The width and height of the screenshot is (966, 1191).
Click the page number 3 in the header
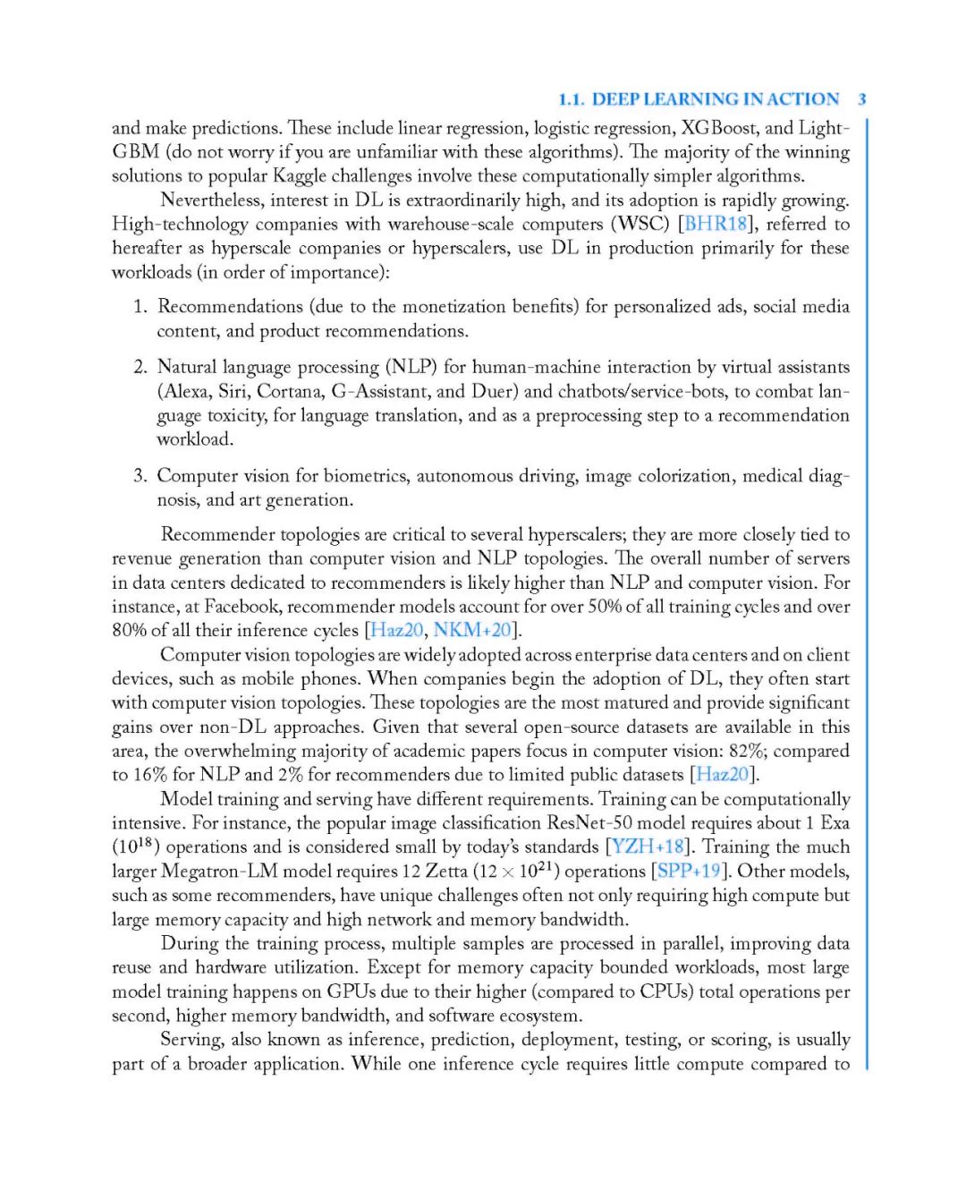coord(861,99)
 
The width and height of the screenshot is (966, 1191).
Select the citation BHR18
coord(716,224)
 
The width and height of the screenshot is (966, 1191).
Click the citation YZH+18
coord(648,846)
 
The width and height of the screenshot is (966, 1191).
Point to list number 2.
coord(140,367)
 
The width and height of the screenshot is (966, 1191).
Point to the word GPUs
coord(351,991)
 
